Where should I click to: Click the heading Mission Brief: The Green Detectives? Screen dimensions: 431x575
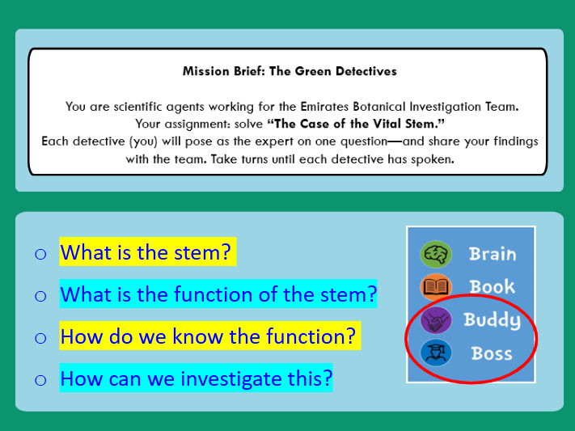tap(290, 71)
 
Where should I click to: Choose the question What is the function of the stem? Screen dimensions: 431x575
tap(218, 294)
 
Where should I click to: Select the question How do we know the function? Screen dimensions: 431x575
tap(209, 336)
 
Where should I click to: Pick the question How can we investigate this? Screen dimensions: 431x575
tap(196, 378)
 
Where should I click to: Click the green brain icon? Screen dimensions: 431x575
tap(436, 254)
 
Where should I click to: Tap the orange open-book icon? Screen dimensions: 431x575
tap(436, 287)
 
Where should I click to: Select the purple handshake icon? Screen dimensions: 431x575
tap(436, 320)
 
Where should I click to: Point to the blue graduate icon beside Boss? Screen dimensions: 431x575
tap(436, 353)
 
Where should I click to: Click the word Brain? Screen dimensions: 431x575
tap(493, 254)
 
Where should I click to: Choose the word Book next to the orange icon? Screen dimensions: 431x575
tap(492, 287)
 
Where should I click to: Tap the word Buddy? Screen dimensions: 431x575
tap(492, 320)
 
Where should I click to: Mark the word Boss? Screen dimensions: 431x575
tap(492, 353)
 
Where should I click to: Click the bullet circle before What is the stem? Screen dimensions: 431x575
tap(40, 254)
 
